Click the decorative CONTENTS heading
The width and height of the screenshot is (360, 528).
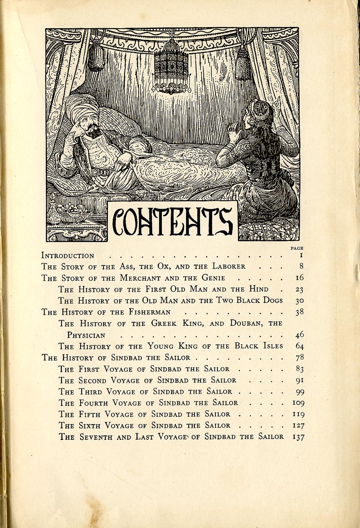172,221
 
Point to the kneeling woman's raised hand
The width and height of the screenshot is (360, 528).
233,130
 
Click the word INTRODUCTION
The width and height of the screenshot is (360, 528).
68,256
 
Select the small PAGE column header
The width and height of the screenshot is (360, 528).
297,248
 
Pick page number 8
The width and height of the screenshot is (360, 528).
301,266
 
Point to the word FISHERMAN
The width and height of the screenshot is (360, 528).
150,312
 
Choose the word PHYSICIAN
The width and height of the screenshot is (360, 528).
86,335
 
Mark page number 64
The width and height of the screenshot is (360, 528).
299,346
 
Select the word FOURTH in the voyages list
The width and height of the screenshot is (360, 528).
93,403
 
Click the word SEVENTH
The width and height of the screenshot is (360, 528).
96,437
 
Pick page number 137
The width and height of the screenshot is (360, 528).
298,437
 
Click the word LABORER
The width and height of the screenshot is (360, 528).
228,266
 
